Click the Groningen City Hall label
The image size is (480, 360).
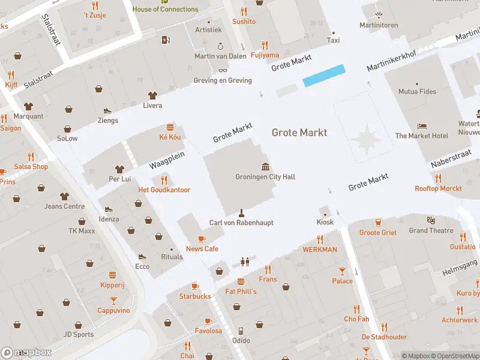click(x=265, y=177)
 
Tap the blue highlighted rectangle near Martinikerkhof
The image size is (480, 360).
click(x=324, y=76)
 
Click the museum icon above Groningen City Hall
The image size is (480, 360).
click(x=265, y=166)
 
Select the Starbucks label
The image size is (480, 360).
click(x=195, y=296)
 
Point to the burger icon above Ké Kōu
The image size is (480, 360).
click(x=170, y=127)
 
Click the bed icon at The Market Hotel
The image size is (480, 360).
click(x=422, y=126)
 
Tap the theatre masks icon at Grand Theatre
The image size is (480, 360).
click(x=431, y=220)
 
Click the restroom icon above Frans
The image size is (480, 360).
click(x=244, y=262)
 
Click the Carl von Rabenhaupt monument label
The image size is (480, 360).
click(x=241, y=223)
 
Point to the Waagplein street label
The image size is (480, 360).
click(x=166, y=160)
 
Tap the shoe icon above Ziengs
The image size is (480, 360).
click(x=107, y=110)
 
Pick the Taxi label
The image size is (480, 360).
click(x=333, y=40)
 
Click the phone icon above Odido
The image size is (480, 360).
click(x=241, y=331)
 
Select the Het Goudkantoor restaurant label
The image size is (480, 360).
click(x=164, y=190)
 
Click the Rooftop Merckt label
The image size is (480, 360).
click(x=438, y=188)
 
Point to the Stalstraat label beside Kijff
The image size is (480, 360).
click(x=38, y=80)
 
